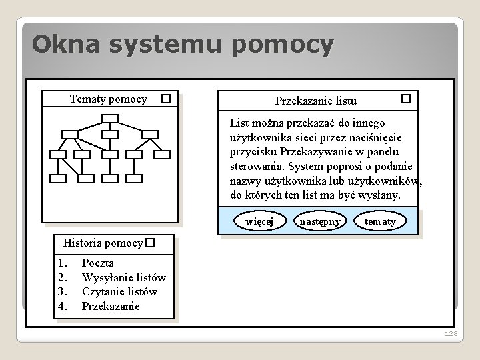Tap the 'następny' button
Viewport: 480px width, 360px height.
click(x=320, y=221)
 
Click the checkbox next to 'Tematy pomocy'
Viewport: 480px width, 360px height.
click(x=166, y=99)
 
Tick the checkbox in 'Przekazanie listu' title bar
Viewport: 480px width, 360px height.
click(x=405, y=99)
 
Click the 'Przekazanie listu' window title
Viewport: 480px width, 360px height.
click(x=316, y=101)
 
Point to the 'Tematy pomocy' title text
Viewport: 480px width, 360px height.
click(x=109, y=99)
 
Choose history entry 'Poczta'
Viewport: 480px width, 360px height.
click(x=97, y=263)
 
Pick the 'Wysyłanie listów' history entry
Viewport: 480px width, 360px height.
click(x=123, y=277)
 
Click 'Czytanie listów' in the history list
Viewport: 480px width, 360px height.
click(x=119, y=291)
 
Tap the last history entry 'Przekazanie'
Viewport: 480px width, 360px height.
click(x=111, y=306)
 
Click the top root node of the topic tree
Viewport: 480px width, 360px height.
click(x=111, y=119)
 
